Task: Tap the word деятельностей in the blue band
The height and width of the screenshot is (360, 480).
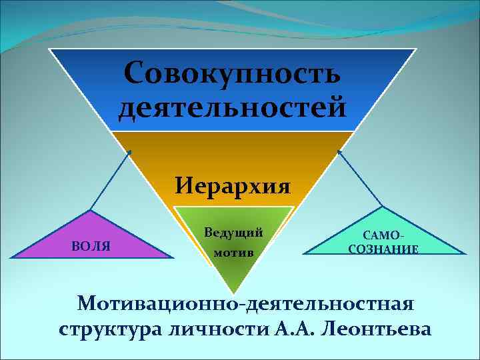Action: tap(233, 107)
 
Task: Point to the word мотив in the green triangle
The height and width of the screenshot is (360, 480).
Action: tap(233, 253)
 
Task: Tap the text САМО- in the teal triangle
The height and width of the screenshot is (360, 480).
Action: tap(383, 235)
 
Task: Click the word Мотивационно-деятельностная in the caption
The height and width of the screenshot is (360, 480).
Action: tap(245, 303)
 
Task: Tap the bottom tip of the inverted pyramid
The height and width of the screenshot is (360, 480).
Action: tap(233, 294)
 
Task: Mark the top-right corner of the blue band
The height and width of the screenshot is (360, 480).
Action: tap(416, 49)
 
